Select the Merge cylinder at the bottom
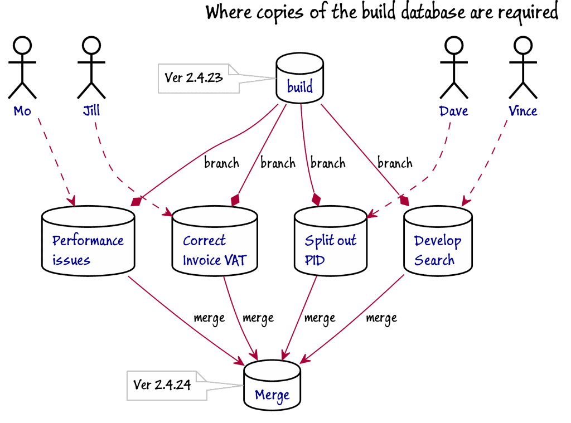pyautogui.click(x=272, y=387)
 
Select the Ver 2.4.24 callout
pyautogui.click(x=162, y=385)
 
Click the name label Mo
pyautogui.click(x=22, y=111)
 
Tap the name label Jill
pyautogui.click(x=91, y=110)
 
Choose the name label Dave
pyautogui.click(x=453, y=111)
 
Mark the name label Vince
pyautogui.click(x=522, y=111)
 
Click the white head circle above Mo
pyautogui.click(x=22, y=45)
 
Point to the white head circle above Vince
pyautogui.click(x=523, y=45)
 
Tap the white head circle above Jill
pyautogui.click(x=91, y=45)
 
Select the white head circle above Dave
pyautogui.click(x=454, y=45)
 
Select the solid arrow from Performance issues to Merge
pyautogui.click(x=190, y=318)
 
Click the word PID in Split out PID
pyautogui.click(x=314, y=260)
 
